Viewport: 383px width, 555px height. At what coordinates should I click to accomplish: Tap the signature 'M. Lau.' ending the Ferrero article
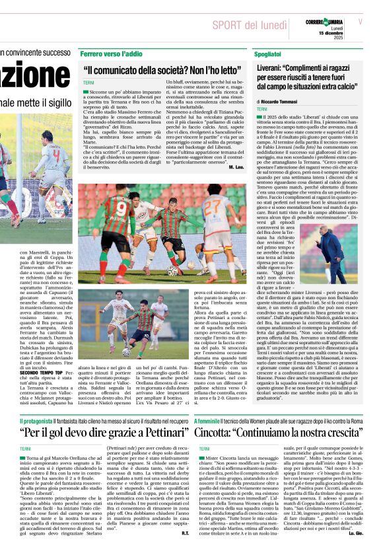pos(236,168)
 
